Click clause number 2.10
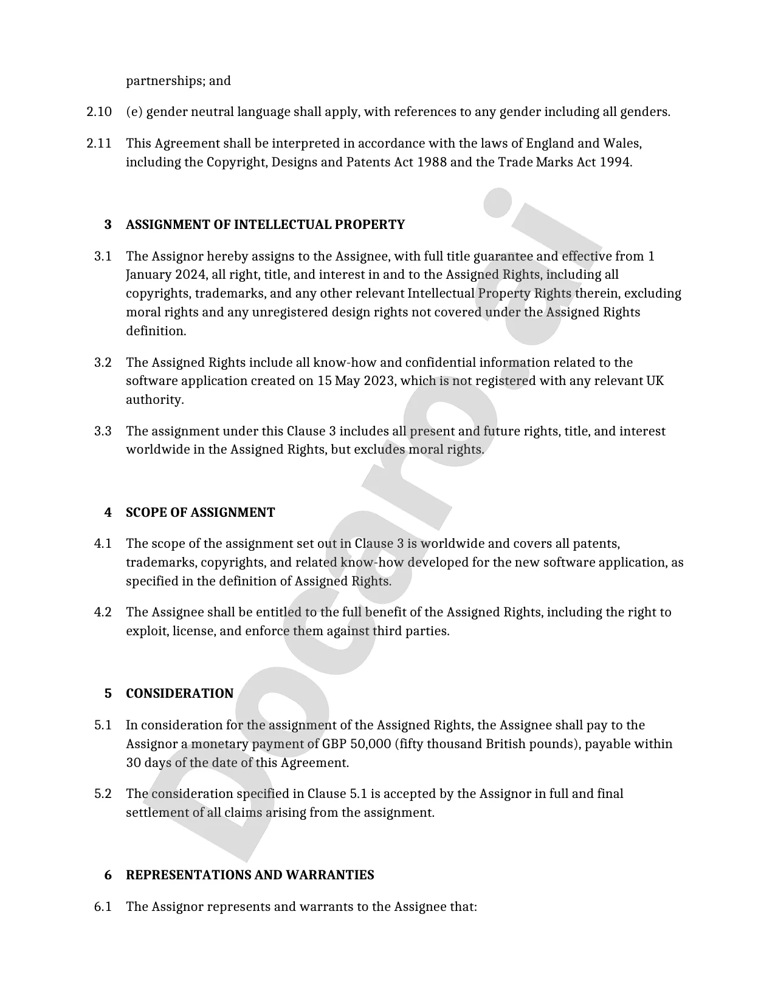coord(99,112)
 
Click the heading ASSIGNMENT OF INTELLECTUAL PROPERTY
coord(265,225)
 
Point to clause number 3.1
coord(103,256)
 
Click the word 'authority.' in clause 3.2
coord(154,400)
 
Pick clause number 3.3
coord(103,432)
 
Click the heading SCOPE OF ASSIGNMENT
coord(200,513)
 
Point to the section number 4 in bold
coord(108,513)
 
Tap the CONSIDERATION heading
coord(179,694)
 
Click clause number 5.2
coord(103,794)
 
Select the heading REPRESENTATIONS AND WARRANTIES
coord(250,875)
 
